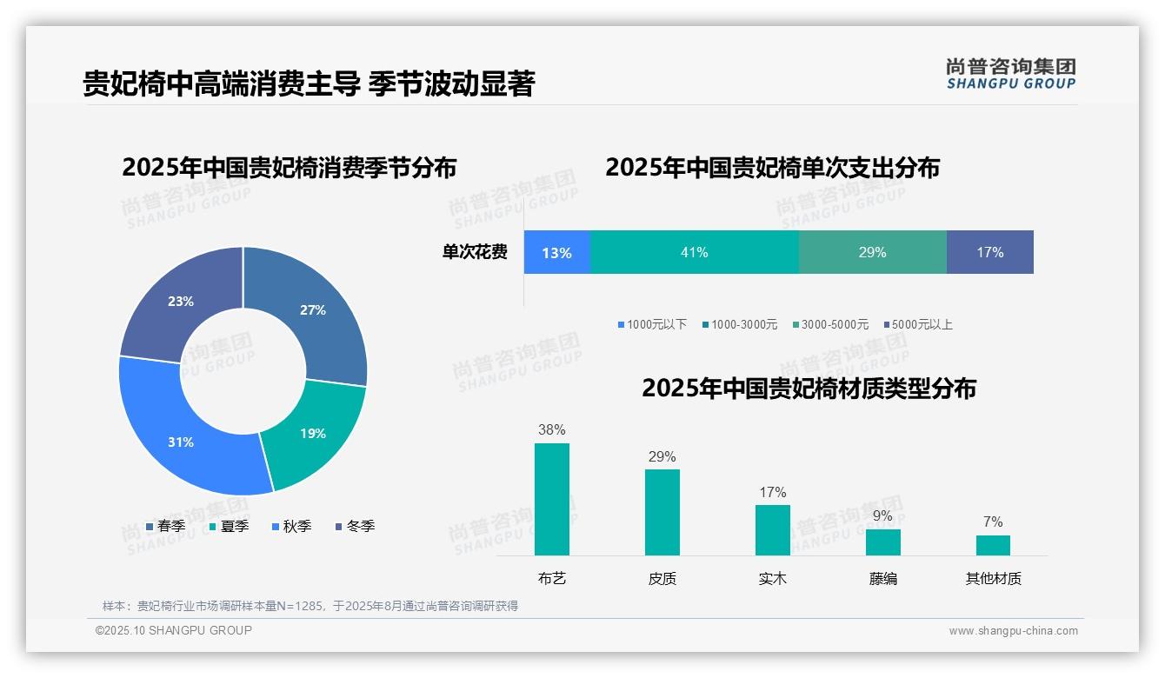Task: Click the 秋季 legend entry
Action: pos(291,527)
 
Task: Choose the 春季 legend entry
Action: pos(165,527)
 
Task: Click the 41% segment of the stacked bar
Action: pos(694,252)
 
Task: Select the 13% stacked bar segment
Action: pos(556,252)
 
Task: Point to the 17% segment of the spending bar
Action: pos(989,252)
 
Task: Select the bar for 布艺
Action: pos(551,499)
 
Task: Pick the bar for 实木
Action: pos(772,529)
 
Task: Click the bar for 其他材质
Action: pos(993,545)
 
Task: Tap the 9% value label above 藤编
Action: pos(882,515)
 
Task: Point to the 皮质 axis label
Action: pos(662,578)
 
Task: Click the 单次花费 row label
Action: pos(475,252)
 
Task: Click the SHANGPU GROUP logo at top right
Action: pos(1010,74)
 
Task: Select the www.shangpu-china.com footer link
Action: pos(1013,631)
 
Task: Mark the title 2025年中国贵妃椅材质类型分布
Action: pos(809,388)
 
